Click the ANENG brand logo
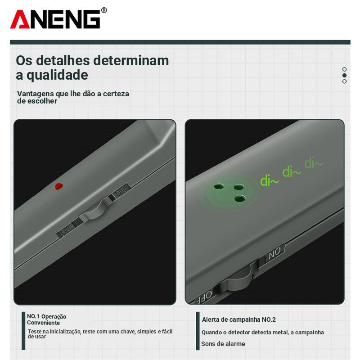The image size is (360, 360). pos(55,19)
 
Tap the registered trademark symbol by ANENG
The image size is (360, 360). pos(104,10)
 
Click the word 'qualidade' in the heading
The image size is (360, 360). pos(57,76)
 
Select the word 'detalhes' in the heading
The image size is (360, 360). pos(63,61)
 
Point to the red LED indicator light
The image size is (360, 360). pos(59,186)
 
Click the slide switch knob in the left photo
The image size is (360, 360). pos(94,212)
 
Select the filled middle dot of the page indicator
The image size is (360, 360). pos(344,75)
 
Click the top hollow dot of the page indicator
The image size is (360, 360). pos(344,69)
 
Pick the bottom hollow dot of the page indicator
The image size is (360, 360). pos(344,81)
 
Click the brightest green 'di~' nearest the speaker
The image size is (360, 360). pos(269,180)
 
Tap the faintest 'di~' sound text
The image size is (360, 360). pos(313,163)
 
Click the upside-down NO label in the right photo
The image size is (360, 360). pos(274,253)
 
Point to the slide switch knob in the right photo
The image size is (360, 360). pos(239,279)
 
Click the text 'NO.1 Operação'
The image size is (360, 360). pos(47,317)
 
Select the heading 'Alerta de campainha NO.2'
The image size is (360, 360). pos(239,319)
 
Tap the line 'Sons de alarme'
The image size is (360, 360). pos(223,344)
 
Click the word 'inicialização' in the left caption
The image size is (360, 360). pos(65,332)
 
